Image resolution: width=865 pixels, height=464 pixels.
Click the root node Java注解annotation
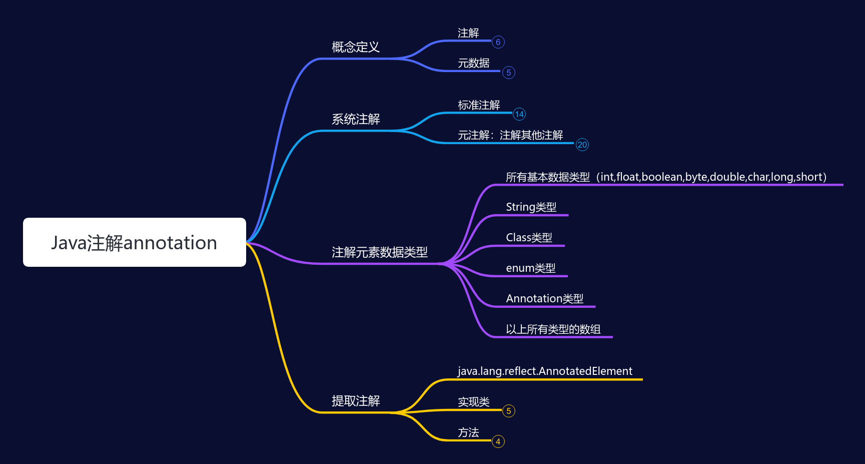tap(134, 242)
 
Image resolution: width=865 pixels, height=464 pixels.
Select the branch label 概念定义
tap(356, 47)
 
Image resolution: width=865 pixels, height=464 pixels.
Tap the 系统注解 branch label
tap(356, 119)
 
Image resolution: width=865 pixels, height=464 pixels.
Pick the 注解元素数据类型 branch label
tap(379, 252)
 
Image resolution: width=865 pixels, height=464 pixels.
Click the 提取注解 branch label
tap(356, 401)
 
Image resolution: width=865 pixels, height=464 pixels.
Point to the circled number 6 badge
tap(498, 42)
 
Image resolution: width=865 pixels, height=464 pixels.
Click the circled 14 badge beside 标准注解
tap(519, 114)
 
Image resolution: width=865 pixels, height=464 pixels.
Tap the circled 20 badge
tap(582, 145)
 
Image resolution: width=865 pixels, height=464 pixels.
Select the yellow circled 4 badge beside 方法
tap(498, 441)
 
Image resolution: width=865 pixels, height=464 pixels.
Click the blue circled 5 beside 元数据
tap(508, 73)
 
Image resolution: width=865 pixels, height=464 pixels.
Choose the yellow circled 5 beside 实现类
tap(508, 411)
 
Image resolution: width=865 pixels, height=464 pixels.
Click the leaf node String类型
tap(531, 207)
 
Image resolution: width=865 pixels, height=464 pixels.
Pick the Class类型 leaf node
tap(529, 238)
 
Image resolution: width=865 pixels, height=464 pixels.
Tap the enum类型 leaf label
tap(530, 268)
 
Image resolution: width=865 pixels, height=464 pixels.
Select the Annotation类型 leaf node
tap(544, 299)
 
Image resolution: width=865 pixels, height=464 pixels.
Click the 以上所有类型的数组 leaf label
tap(553, 329)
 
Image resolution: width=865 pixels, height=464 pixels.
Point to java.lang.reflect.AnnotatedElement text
tap(545, 371)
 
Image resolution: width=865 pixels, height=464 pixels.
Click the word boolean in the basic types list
tap(662, 177)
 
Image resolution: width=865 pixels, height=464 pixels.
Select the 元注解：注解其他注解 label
tap(510, 135)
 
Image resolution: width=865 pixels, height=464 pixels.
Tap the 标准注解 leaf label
tap(479, 105)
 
